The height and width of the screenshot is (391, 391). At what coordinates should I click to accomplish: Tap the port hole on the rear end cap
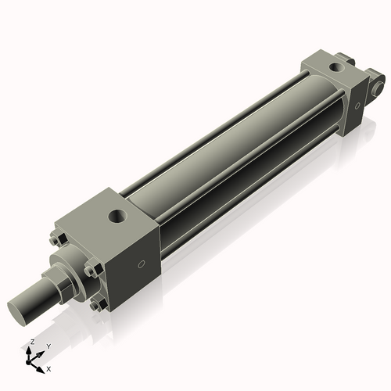click(335, 68)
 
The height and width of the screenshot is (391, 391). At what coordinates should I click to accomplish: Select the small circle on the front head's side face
click(140, 264)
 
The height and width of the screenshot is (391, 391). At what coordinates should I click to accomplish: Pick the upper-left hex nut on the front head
click(57, 239)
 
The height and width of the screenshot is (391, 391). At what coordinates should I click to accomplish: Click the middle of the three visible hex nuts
click(91, 271)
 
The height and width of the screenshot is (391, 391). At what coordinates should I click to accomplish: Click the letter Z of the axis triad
click(31, 343)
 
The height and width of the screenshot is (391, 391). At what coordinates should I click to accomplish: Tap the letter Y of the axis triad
click(48, 345)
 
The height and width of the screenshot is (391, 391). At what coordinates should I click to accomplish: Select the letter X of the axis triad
click(49, 368)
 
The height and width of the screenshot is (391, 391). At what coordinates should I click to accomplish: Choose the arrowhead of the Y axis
click(41, 353)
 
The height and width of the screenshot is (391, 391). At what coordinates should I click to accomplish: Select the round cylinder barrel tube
click(235, 156)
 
